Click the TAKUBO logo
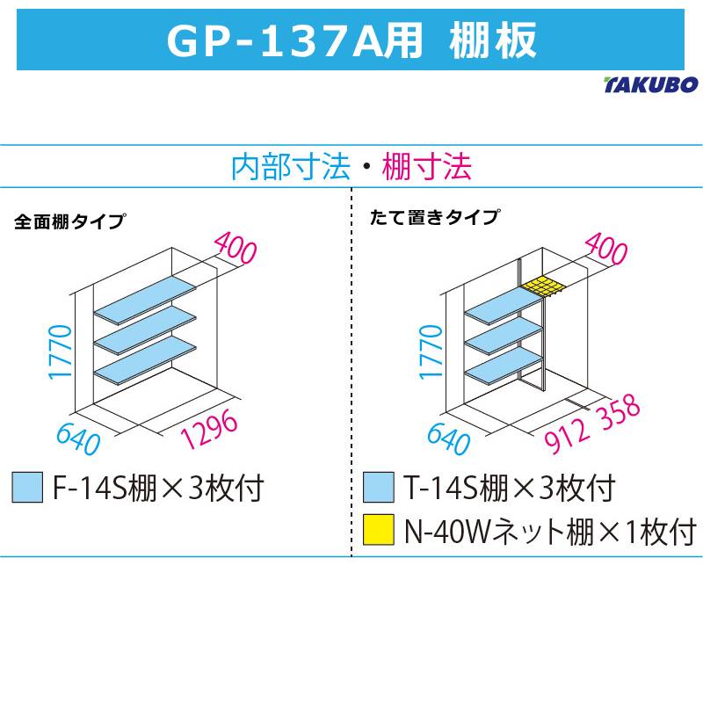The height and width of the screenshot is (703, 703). (x=651, y=85)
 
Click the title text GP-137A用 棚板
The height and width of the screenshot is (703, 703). (x=351, y=39)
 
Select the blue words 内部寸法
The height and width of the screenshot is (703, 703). (x=289, y=166)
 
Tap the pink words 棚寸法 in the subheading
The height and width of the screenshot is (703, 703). (x=427, y=166)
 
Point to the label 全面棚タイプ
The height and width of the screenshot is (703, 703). (x=69, y=221)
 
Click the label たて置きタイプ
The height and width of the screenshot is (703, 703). (x=436, y=216)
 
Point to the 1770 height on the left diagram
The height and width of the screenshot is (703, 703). (x=58, y=351)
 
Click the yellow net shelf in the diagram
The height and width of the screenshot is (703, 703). (x=540, y=286)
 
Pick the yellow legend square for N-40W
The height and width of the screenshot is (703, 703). (x=379, y=531)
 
